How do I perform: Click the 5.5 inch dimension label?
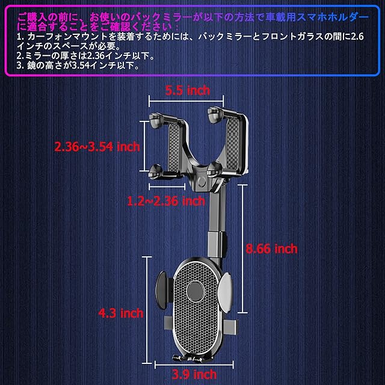(188, 91)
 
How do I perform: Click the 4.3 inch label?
(121, 313)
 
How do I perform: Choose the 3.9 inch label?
(194, 374)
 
